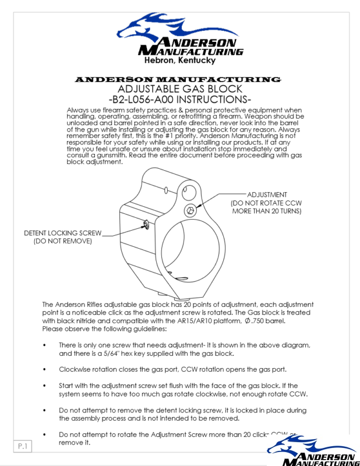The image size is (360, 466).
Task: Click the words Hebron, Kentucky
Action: coord(179,60)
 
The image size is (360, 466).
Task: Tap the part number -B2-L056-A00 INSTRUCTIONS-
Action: coord(179,100)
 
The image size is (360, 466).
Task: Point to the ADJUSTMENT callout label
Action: coord(267,195)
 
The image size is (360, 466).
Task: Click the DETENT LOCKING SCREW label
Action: coord(62,233)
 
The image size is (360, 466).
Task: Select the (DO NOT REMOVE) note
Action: coord(62,241)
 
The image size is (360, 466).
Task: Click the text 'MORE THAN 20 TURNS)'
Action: coord(267,211)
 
